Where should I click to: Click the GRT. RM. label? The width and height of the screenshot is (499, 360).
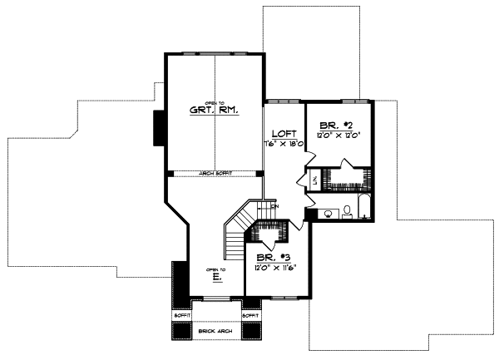tap(215, 110)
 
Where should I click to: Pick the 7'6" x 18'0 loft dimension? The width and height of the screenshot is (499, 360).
tap(283, 143)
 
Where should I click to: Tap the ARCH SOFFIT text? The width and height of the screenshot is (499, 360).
tap(215, 173)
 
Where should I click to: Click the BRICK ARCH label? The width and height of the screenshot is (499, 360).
tap(215, 332)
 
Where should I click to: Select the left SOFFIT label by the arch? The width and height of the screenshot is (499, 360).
tap(181, 316)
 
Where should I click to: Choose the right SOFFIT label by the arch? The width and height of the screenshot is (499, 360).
tap(249, 316)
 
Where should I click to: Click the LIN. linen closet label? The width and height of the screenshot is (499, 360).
tap(313, 180)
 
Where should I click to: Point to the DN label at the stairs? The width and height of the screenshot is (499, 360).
tap(274, 206)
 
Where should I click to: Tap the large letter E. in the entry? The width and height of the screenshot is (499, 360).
tap(216, 278)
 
